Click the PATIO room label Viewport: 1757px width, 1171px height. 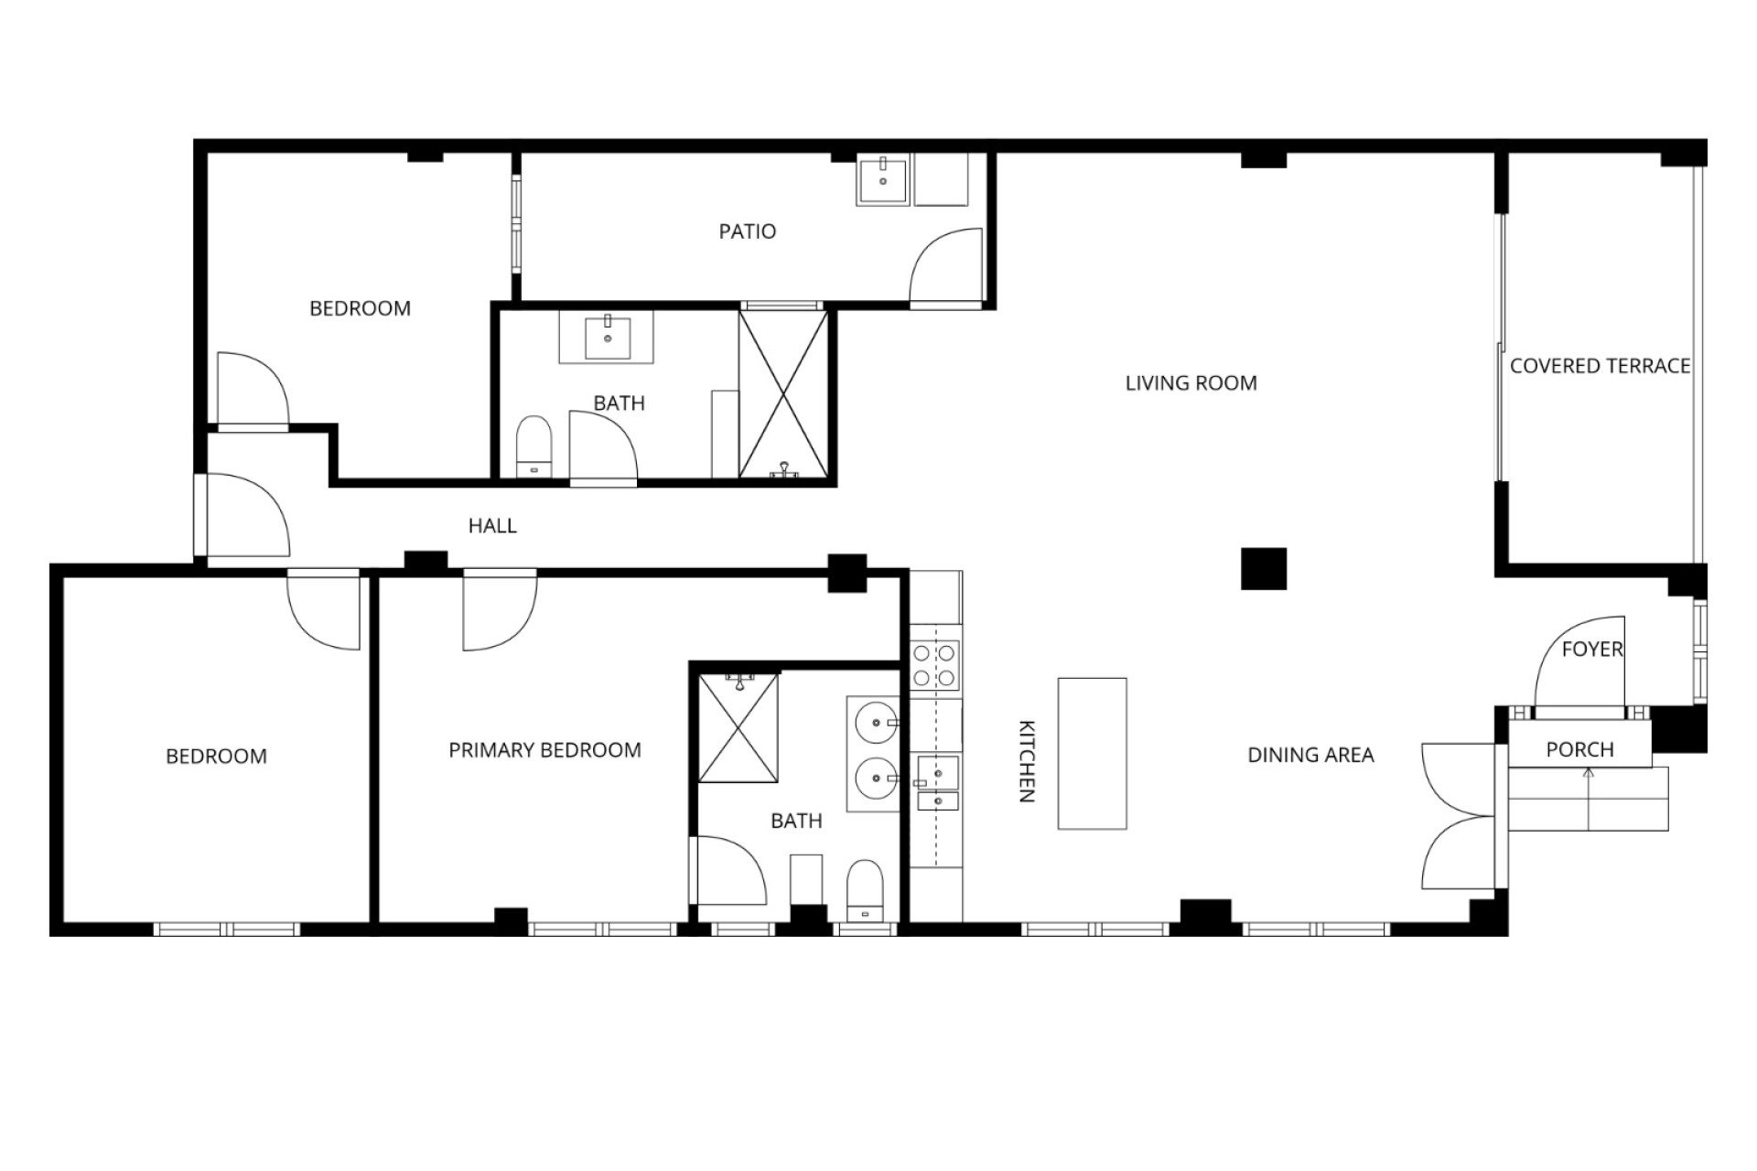747,231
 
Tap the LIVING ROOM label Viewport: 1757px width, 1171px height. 1191,383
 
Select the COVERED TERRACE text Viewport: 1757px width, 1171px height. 1600,366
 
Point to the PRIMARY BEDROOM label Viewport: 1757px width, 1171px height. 544,750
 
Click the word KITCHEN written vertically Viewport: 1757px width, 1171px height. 1027,760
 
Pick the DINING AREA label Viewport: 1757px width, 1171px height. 1310,755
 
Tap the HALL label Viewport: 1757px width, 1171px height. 492,526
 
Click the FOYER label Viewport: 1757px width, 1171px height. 1592,650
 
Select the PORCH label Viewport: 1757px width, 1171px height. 1579,750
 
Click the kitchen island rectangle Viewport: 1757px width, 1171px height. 1092,754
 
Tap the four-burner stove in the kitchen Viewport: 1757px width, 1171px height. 934,665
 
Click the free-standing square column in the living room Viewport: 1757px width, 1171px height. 1264,569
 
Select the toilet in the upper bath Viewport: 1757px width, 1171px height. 534,447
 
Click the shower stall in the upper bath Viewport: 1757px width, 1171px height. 783,394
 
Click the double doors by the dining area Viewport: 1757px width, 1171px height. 1459,816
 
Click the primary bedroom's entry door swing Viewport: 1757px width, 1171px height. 500,610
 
